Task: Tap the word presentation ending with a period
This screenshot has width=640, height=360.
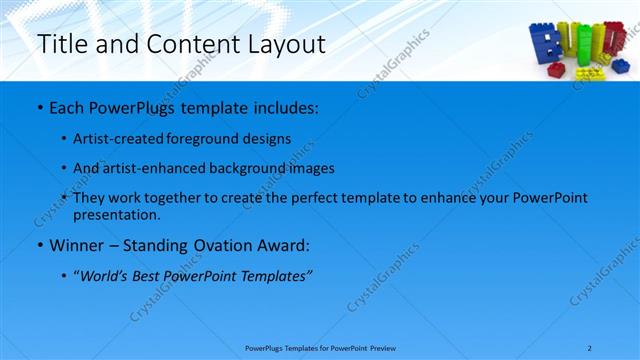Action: point(124,214)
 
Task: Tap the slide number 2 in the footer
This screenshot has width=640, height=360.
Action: point(590,347)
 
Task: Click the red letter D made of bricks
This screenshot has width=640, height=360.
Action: point(617,40)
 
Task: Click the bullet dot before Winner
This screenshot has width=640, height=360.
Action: point(39,245)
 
